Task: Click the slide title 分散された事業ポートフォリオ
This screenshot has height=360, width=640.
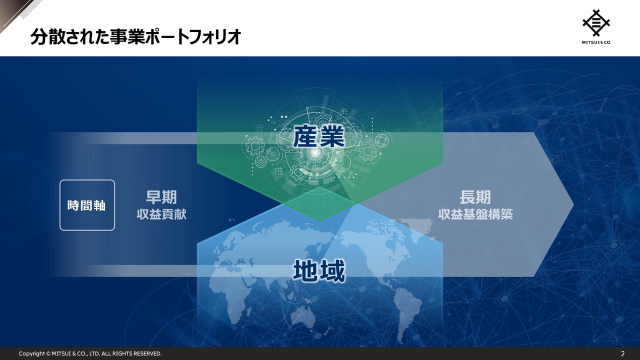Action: point(135,37)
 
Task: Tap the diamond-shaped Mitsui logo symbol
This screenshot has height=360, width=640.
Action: point(596,22)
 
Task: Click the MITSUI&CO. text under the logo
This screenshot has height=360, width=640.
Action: point(596,42)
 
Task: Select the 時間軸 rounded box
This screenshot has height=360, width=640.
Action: point(87,205)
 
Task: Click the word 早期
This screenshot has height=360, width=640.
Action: point(161,197)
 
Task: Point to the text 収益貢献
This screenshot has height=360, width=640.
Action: point(161,214)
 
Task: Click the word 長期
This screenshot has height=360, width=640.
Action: point(475,197)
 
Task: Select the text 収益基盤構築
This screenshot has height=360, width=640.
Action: point(475,214)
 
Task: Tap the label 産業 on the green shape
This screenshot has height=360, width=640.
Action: point(318,136)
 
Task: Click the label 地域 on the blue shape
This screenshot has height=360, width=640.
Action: point(318,272)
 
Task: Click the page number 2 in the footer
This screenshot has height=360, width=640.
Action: point(622,353)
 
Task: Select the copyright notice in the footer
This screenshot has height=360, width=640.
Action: point(90,353)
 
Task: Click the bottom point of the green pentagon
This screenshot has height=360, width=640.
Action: point(319,220)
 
